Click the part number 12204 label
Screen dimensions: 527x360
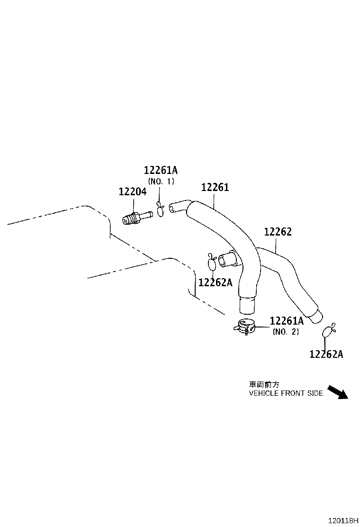pyautogui.click(x=132, y=192)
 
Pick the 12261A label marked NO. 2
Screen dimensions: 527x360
pyautogui.click(x=286, y=321)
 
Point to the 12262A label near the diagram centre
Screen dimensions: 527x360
pyautogui.click(x=215, y=282)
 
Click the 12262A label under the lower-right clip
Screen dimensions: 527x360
pyautogui.click(x=326, y=354)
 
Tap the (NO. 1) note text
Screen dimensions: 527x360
pyautogui.click(x=161, y=181)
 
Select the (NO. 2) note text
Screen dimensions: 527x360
pyautogui.click(x=286, y=332)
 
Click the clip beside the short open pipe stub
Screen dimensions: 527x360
pyautogui.click(x=212, y=261)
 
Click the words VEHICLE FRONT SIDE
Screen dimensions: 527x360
pyautogui.click(x=286, y=393)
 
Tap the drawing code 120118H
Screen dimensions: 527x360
pyautogui.click(x=339, y=520)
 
